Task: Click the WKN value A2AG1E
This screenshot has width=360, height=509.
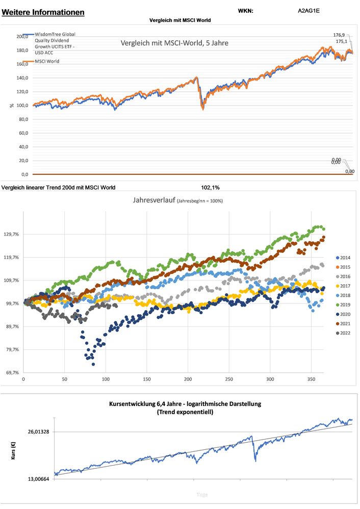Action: click(308, 10)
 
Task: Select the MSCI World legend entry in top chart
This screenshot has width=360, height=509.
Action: click(47, 61)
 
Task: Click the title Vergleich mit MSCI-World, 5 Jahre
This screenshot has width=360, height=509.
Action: click(174, 43)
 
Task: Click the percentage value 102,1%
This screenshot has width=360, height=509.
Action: click(211, 187)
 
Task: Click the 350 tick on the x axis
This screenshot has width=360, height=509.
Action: click(312, 380)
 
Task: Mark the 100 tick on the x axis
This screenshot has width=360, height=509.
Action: click(106, 380)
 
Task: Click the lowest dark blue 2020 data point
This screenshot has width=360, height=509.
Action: click(93, 364)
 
